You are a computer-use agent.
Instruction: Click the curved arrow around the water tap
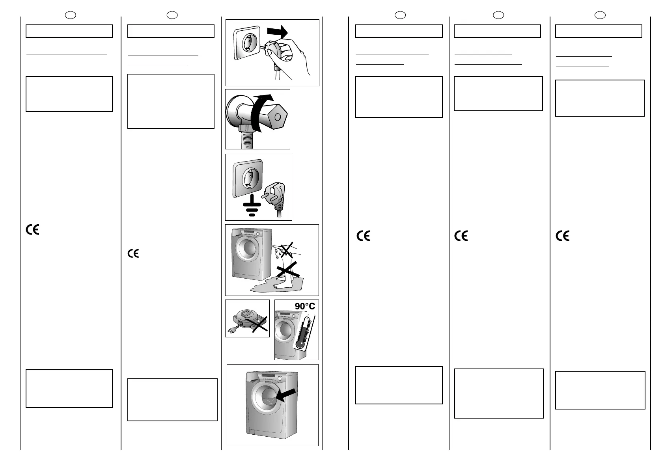pyautogui.click(x=258, y=110)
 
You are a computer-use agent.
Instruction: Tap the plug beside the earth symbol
pyautogui.click(x=276, y=195)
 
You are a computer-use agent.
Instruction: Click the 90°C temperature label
pyautogui.click(x=305, y=306)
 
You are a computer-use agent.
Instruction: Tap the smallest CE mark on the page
pyautogui.click(x=133, y=254)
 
